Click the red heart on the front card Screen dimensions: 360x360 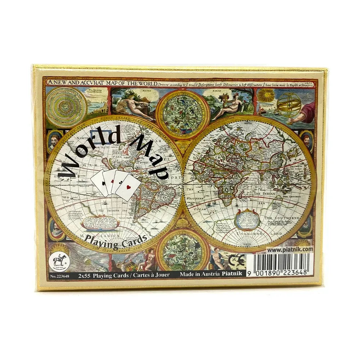(x=129, y=188)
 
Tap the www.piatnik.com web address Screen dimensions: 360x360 (x=290, y=249)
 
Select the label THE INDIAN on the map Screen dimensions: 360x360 (x=267, y=194)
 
